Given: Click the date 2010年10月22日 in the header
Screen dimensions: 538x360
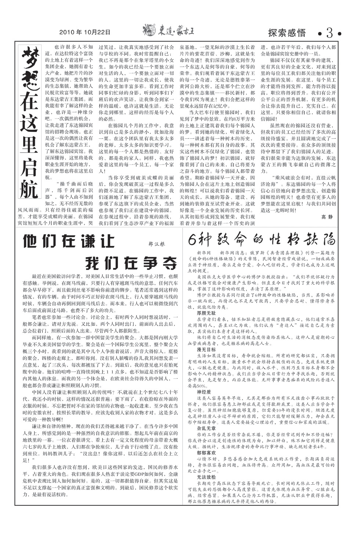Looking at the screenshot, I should pyautogui.click(x=85, y=32).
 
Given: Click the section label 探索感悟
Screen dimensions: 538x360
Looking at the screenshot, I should pyautogui.click(x=287, y=33).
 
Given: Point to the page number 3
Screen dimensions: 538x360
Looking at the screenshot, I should pyautogui.click(x=330, y=33).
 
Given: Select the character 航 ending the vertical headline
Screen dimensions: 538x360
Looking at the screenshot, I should pyautogui.click(x=29, y=188).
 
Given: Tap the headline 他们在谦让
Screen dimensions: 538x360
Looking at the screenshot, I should pyautogui.click(x=69, y=242).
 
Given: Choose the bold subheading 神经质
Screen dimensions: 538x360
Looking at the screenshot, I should pyautogui.click(x=204, y=392).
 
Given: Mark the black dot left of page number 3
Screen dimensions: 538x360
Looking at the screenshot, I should pyautogui.click(x=320, y=34).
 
